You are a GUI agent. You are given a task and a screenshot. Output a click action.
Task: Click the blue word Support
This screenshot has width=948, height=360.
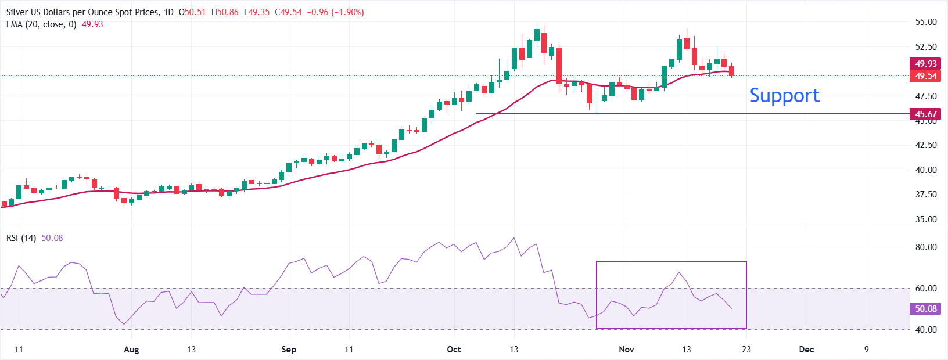point(784,95)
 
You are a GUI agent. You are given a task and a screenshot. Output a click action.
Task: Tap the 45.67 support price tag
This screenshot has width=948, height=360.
point(925,114)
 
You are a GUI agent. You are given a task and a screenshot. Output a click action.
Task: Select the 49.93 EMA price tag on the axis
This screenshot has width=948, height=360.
point(925,63)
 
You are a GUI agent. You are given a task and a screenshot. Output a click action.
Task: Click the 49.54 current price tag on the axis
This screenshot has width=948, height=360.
point(925,75)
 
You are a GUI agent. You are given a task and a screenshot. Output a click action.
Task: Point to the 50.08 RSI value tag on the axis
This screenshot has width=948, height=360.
point(925,308)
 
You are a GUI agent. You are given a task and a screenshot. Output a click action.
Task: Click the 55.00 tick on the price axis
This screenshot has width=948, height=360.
point(926,22)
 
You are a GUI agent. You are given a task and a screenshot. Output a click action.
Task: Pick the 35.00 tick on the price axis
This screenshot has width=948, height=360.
point(926,219)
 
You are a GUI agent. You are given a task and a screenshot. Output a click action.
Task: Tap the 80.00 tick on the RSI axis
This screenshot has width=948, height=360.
point(926,247)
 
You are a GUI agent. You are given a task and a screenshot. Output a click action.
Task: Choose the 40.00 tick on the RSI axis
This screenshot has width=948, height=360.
point(926,329)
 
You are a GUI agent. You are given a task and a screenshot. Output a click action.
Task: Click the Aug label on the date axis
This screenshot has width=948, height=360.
point(131,350)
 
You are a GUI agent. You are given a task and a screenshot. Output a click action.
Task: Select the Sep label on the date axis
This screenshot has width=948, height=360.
point(289,350)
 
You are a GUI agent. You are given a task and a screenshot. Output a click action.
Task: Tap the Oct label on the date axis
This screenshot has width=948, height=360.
point(454,350)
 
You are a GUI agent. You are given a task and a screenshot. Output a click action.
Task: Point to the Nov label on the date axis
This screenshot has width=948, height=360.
point(626,350)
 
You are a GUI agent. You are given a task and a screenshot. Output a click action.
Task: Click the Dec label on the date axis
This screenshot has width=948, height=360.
point(806,350)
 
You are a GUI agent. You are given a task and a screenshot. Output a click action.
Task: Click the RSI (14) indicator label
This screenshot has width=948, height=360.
point(21,238)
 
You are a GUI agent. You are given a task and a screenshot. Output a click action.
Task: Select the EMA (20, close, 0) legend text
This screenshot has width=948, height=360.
point(41,24)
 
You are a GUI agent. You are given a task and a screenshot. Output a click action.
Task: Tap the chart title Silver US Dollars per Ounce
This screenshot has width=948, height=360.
point(81,12)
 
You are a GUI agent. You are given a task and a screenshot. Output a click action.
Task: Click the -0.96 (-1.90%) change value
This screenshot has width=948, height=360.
point(335,12)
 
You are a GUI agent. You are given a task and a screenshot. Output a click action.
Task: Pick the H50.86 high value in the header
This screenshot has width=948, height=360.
point(225,12)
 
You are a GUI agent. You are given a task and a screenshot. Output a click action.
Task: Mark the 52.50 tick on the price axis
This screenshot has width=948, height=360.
point(926,46)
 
